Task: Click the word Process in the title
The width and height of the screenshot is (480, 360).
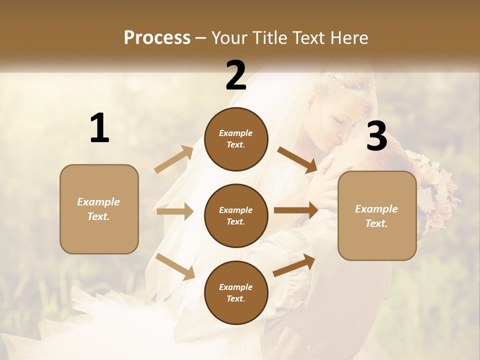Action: [x=157, y=37]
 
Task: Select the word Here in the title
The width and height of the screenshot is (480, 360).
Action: [x=346, y=37]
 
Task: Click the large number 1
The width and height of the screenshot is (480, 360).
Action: [x=99, y=128]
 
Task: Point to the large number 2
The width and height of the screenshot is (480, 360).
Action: [x=236, y=75]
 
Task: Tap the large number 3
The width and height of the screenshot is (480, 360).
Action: [x=376, y=136]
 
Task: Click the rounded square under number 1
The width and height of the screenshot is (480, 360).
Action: [x=99, y=209]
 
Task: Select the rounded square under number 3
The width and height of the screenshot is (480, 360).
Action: [x=377, y=215]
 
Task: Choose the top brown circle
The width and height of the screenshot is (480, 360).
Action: [x=236, y=139]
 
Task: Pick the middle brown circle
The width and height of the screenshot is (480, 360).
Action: [x=236, y=215]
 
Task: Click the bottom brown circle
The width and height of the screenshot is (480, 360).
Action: [x=236, y=292]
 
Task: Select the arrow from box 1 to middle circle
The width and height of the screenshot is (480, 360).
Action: [x=175, y=211]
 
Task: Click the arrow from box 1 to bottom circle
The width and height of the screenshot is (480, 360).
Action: [x=175, y=266]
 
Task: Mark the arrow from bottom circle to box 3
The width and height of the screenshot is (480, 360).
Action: [x=294, y=265]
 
